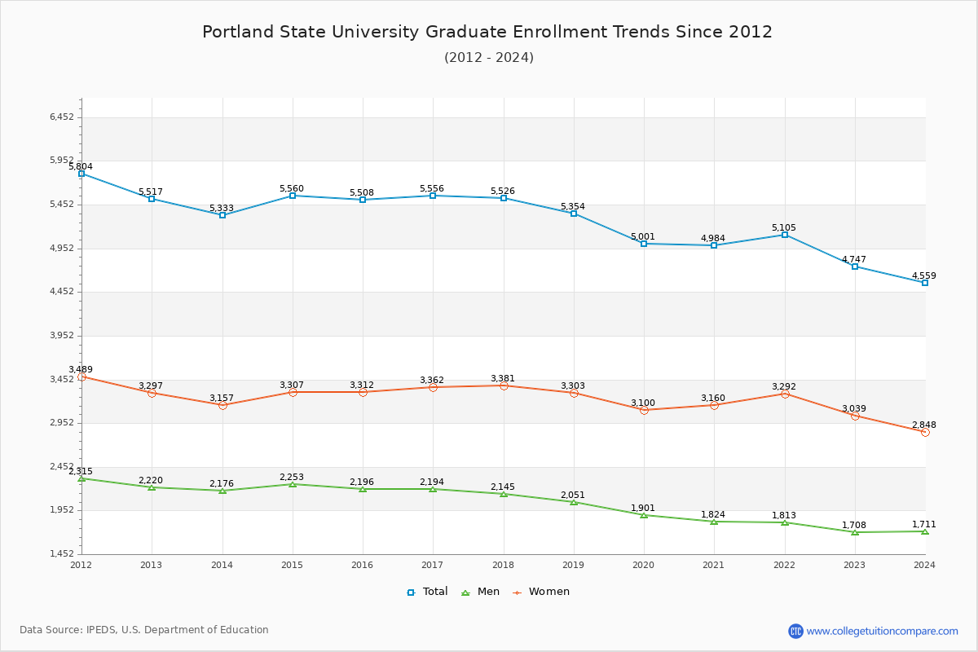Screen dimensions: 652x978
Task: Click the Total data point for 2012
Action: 81,174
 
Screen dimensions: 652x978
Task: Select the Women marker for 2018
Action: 504,385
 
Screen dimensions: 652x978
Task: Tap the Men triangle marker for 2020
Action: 644,515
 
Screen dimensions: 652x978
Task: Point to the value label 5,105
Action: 784,228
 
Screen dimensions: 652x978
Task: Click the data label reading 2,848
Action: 924,425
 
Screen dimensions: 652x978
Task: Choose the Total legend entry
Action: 428,592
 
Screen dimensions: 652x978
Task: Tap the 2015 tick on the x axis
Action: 292,565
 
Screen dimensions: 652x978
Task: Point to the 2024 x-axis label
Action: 925,565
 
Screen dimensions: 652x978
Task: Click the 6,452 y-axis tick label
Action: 62,117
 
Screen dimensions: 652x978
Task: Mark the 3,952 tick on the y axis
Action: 62,336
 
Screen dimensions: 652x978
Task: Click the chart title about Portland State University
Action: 487,32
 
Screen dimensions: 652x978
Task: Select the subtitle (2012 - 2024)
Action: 489,58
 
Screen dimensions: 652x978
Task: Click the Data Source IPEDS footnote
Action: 144,630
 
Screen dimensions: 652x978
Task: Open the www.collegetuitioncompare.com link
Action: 882,631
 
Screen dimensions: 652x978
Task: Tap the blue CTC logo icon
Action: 795,631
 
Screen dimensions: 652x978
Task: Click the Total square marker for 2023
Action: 855,267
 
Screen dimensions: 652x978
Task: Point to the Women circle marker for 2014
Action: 222,405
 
